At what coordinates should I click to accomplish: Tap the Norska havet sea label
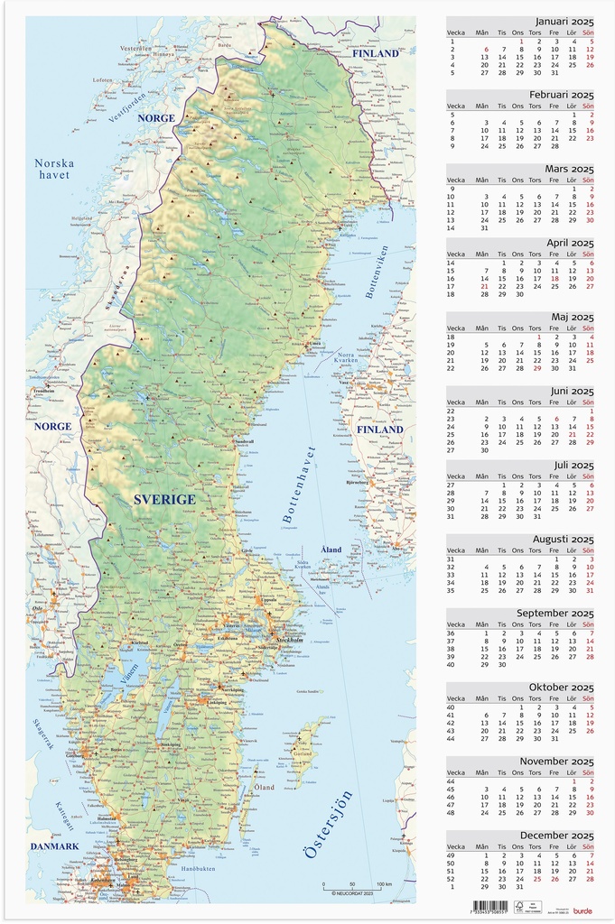click(x=54, y=169)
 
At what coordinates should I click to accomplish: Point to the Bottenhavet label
click(x=299, y=485)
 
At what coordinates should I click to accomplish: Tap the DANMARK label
click(x=54, y=846)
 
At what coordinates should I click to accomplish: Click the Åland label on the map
click(x=331, y=550)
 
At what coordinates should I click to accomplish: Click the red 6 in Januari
click(x=486, y=50)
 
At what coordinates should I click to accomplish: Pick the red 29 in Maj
click(x=537, y=368)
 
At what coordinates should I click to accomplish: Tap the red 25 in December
click(x=537, y=878)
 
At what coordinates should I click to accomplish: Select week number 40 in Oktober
click(x=452, y=707)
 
